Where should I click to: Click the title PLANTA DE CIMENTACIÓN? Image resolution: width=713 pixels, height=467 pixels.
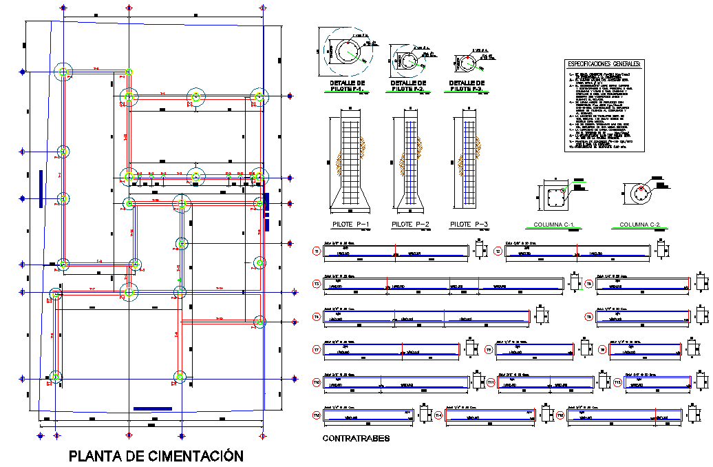156,455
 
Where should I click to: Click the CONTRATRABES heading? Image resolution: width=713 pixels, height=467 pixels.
356,438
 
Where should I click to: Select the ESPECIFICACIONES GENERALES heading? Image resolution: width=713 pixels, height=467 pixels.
605,64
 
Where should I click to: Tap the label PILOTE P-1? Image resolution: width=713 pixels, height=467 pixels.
351,225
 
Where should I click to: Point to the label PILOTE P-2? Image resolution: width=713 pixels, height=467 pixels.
410,225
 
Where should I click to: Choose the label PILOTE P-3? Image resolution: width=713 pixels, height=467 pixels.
469,225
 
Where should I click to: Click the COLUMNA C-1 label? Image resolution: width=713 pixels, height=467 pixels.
554,225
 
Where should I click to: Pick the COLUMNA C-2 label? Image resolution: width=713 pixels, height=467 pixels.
640,225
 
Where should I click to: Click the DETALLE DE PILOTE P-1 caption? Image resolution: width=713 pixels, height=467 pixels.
343,87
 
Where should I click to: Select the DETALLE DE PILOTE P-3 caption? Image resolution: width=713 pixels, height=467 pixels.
470,87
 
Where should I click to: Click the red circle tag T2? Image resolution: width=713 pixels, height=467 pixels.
498,252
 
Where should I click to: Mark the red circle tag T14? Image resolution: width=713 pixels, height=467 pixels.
439,415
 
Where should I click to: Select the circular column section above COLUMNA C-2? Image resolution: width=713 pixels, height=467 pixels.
641,194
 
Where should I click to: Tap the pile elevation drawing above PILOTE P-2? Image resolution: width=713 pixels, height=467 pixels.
410,162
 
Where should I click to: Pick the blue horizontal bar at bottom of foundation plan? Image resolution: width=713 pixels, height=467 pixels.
152,409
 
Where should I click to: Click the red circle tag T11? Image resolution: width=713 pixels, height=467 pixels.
490,382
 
